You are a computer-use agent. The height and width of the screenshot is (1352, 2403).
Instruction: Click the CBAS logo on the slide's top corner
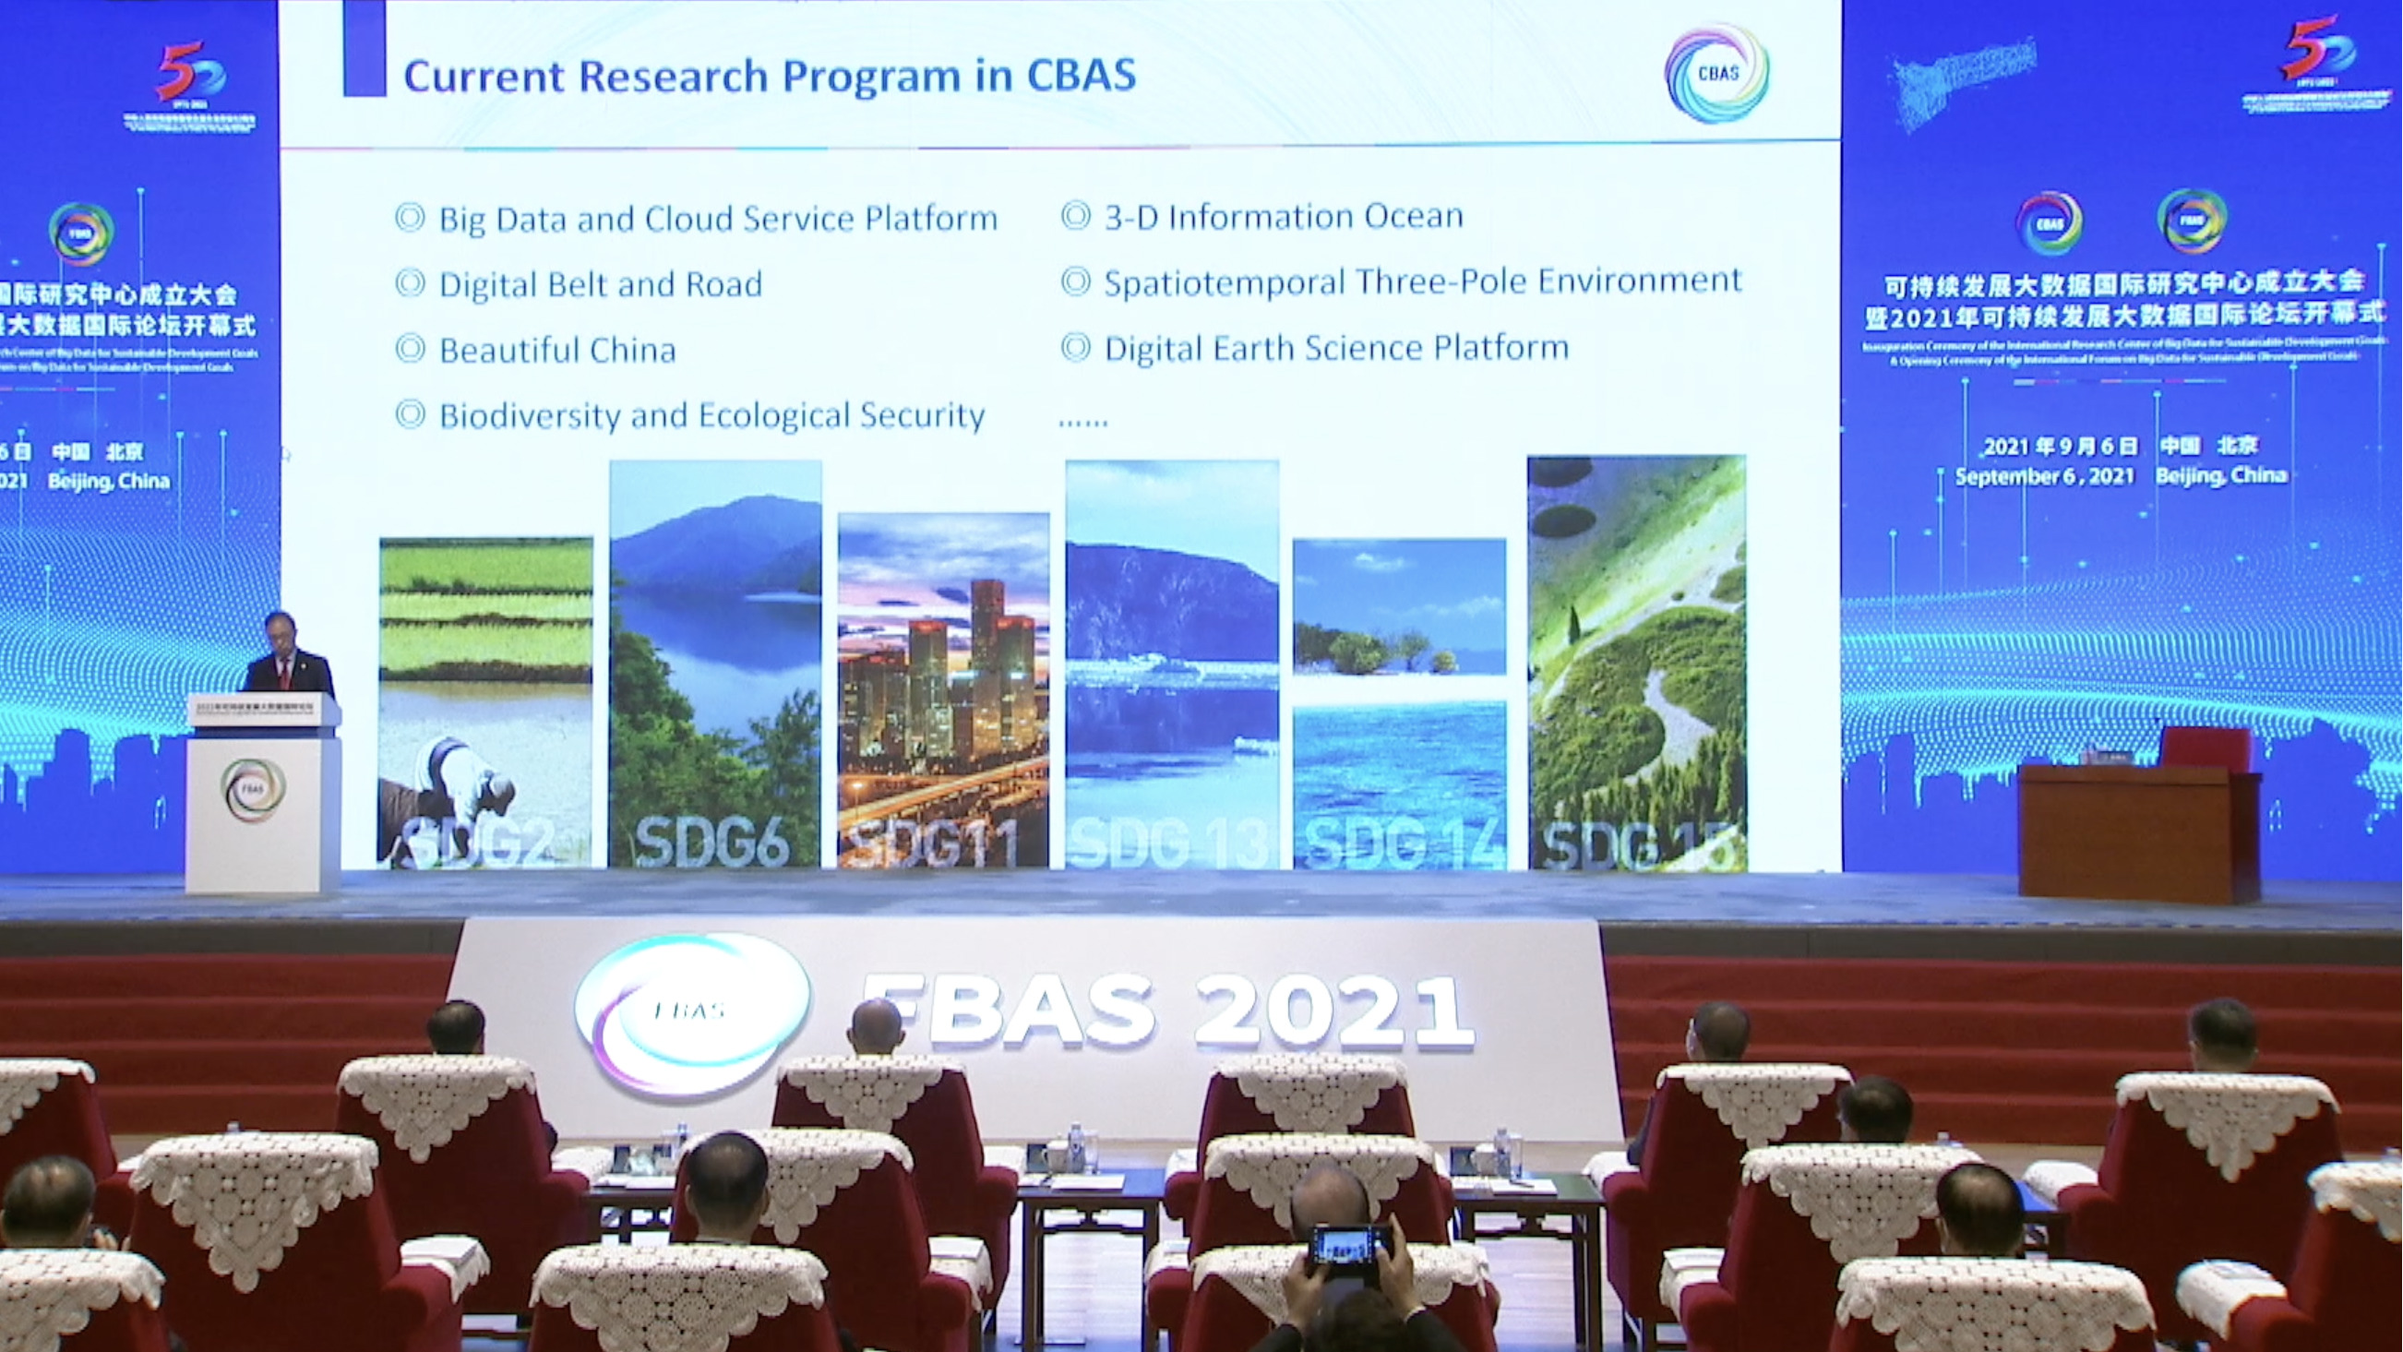pyautogui.click(x=1716, y=75)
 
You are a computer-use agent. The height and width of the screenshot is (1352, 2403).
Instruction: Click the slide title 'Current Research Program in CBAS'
pyautogui.click(x=769, y=76)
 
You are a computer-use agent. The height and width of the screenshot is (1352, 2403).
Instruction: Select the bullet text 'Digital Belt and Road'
pyautogui.click(x=600, y=284)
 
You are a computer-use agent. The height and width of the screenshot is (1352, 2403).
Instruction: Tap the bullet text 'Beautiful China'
pyautogui.click(x=556, y=351)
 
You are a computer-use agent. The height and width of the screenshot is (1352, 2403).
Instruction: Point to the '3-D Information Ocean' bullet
pyautogui.click(x=1283, y=218)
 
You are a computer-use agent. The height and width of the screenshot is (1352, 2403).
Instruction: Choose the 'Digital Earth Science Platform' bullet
pyautogui.click(x=1336, y=349)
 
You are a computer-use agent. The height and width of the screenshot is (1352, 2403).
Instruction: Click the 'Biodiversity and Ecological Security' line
pyautogui.click(x=711, y=416)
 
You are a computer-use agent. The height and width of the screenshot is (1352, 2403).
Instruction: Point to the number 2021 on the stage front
pyautogui.click(x=1333, y=1013)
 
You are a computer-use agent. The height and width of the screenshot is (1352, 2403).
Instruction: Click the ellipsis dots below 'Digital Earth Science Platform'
pyautogui.click(x=1083, y=422)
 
